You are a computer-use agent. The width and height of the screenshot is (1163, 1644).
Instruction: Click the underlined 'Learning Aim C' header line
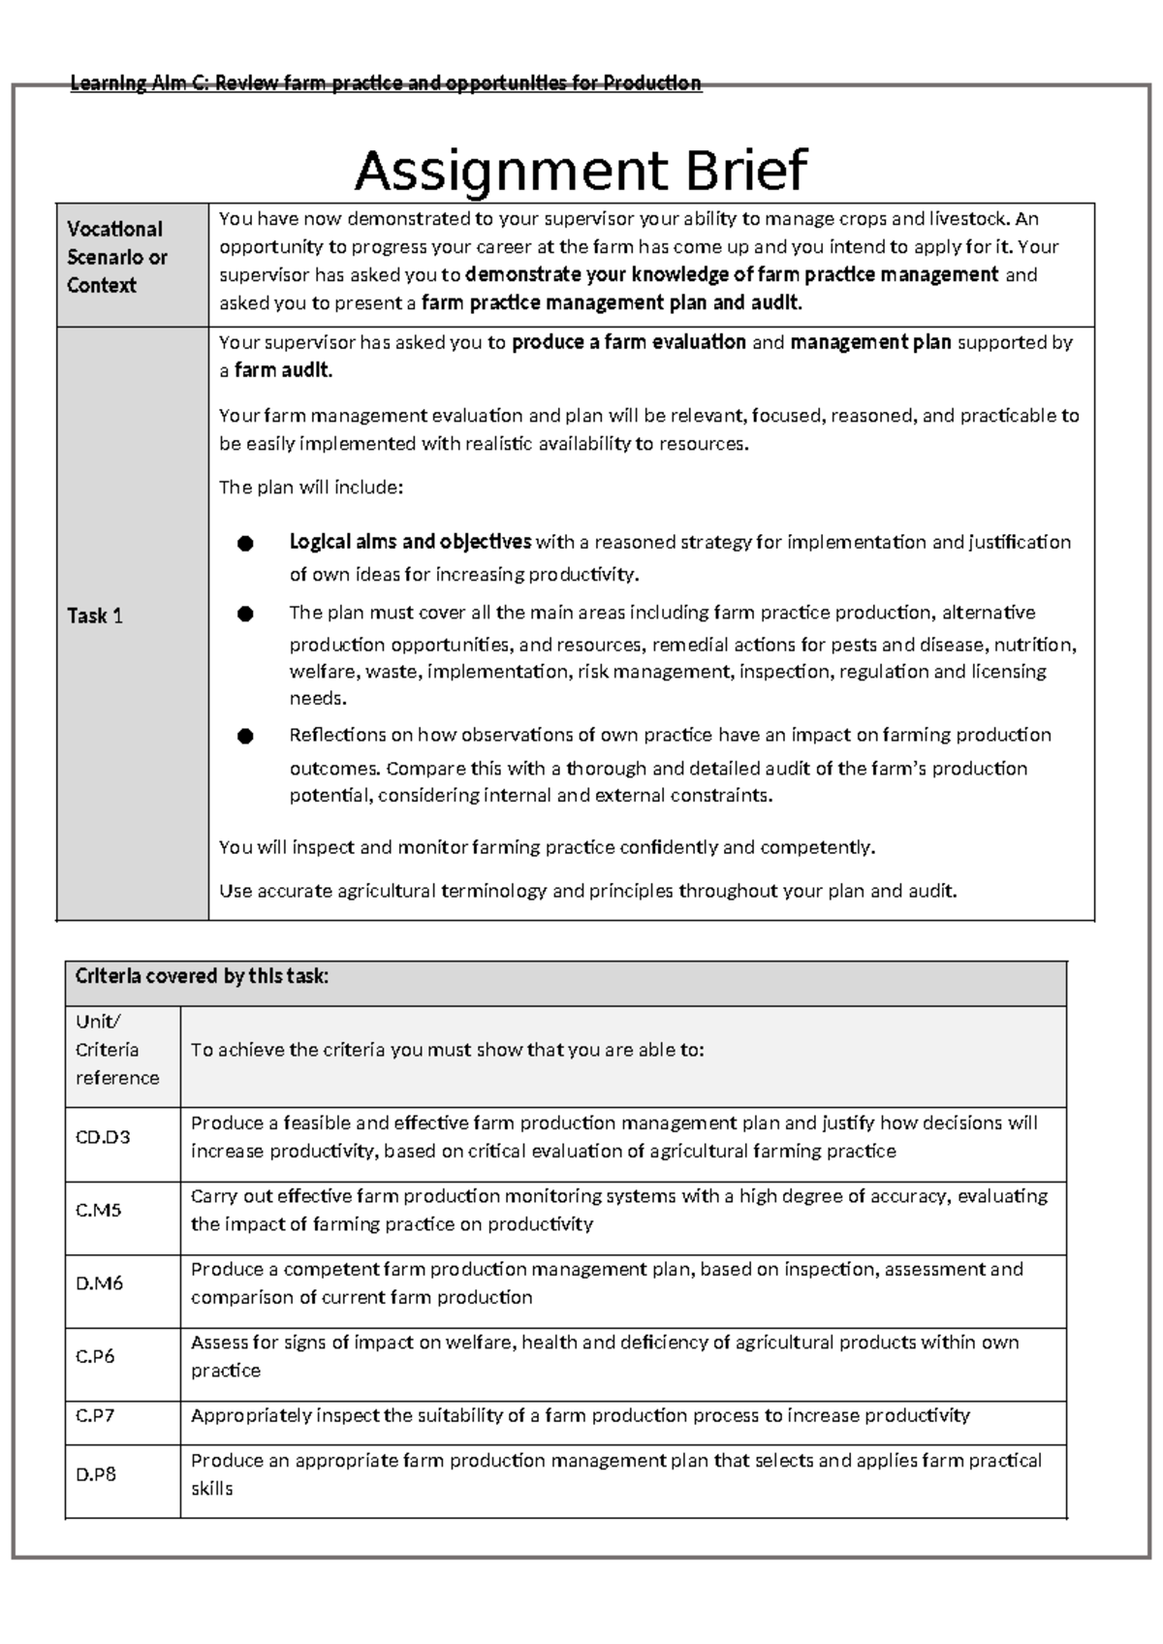(x=386, y=83)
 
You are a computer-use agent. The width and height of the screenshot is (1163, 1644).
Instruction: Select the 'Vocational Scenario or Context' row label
(x=116, y=257)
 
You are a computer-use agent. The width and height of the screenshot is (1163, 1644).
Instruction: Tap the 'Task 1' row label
(x=94, y=616)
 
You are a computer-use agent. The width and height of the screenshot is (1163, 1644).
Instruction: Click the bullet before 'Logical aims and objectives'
(x=245, y=544)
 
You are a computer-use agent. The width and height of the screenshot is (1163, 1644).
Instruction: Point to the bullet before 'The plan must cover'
(x=245, y=614)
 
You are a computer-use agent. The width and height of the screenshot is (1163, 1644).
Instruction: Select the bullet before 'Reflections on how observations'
(x=245, y=737)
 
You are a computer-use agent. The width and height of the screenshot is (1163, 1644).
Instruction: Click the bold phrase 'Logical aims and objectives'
(x=410, y=541)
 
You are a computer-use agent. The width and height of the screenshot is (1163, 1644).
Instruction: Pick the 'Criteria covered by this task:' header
(x=203, y=976)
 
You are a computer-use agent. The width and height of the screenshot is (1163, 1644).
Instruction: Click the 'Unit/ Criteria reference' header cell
(x=117, y=1050)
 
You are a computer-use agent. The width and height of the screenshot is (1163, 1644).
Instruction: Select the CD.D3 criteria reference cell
(x=103, y=1137)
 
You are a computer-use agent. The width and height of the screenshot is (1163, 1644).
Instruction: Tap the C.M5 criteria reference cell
(x=98, y=1210)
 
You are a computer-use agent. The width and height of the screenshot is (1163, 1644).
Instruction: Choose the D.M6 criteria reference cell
(x=99, y=1283)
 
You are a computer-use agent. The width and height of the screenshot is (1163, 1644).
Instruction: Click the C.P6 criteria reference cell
(x=95, y=1356)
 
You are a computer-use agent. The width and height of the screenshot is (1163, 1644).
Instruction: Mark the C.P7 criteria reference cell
(x=95, y=1415)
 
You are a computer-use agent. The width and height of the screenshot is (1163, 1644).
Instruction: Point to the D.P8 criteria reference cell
(x=96, y=1474)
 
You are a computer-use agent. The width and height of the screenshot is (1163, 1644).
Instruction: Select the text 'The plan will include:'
(x=310, y=488)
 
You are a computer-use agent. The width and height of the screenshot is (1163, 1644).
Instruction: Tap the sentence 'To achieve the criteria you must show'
(x=447, y=1050)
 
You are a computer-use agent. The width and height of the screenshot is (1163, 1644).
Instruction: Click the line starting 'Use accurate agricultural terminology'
(x=587, y=891)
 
